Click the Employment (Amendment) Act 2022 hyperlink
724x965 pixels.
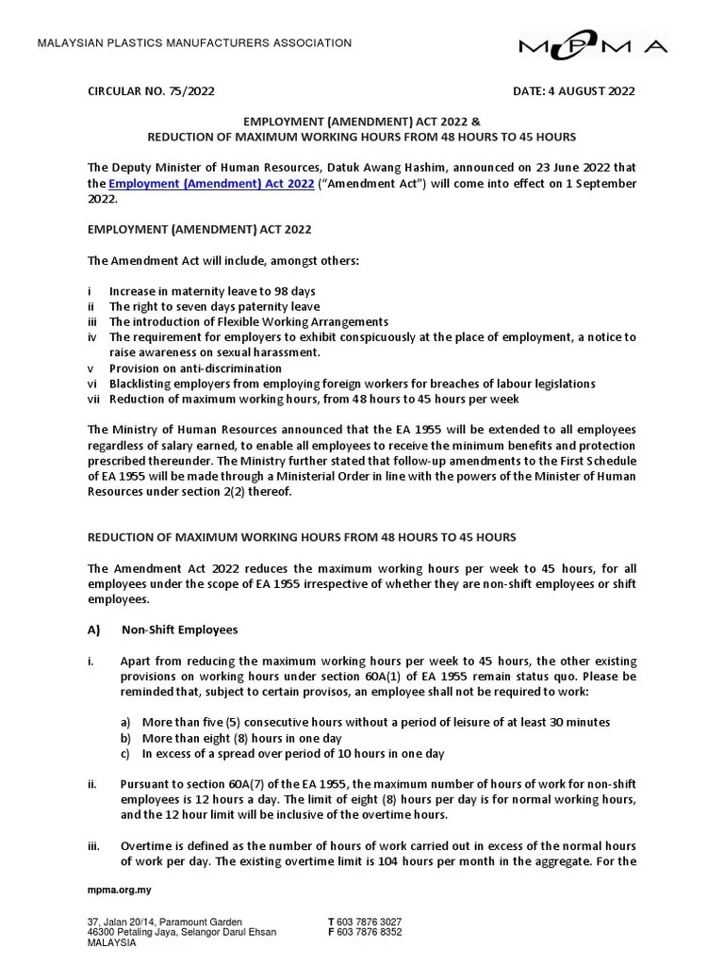coord(211,183)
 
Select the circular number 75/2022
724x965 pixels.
coord(151,91)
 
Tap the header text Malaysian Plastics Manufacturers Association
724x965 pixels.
coord(193,43)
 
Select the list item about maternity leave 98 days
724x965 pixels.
coord(212,291)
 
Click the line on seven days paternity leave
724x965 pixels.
coord(214,306)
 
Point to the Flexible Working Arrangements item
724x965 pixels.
coord(248,321)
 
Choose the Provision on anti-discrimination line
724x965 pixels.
coord(195,368)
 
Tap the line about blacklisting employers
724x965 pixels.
coord(352,384)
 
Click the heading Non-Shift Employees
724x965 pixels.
coord(180,630)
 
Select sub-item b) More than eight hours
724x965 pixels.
coord(241,738)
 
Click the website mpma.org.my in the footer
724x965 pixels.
coord(120,890)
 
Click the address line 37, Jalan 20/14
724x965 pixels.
coord(164,922)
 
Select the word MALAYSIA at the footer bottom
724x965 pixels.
coord(111,942)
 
